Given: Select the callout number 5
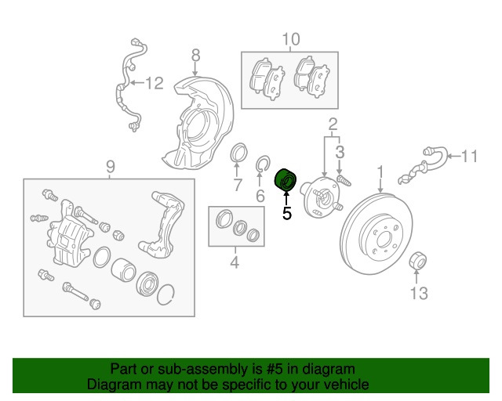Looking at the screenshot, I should [x=286, y=212].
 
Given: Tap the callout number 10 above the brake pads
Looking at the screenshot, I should [x=290, y=39].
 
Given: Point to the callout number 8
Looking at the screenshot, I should [x=195, y=54].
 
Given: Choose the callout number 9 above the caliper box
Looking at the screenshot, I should [x=110, y=166].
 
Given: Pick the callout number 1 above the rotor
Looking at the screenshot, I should [x=380, y=171].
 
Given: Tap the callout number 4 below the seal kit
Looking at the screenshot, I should [x=234, y=263].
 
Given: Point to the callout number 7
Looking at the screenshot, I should [x=236, y=185].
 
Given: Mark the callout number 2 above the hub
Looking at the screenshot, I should [x=333, y=124].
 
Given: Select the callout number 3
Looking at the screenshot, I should [x=339, y=151].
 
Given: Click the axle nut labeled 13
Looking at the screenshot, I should [x=418, y=260].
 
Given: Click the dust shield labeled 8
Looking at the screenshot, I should [x=196, y=121].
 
